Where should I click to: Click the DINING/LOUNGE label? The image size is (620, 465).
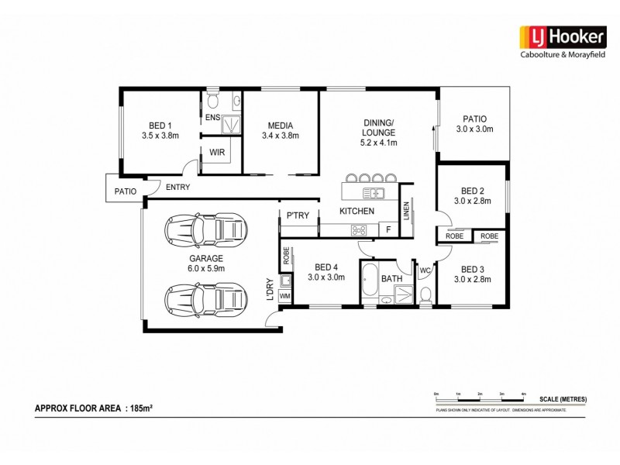coord(379,133)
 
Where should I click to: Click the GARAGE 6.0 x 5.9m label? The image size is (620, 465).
coord(205,263)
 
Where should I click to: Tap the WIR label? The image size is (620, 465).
coord(217,153)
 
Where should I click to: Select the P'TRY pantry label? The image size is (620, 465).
coord(298,216)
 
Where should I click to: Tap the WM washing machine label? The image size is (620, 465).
coord(284,295)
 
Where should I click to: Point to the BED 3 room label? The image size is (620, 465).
coord(473,274)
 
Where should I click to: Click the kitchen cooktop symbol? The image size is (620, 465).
coord(360,229)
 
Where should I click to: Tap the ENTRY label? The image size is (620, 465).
coord(177,188)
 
